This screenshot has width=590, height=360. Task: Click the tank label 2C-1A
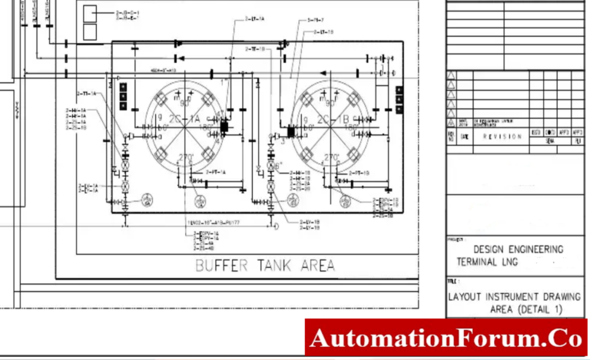pos(187,119)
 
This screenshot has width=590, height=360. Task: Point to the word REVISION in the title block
pos(502,136)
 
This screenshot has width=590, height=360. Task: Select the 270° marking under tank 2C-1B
pos(332,157)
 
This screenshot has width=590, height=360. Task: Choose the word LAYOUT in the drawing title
pos(466,296)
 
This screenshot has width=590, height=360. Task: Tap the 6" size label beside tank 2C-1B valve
pos(280,165)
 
